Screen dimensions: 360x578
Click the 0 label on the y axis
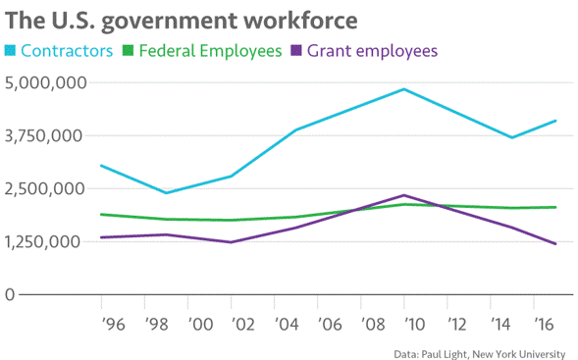pyautogui.click(x=10, y=294)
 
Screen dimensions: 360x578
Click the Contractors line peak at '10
pyautogui.click(x=404, y=89)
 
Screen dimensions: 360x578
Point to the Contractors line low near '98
pyautogui.click(x=165, y=192)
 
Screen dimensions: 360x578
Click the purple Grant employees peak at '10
pyautogui.click(x=403, y=195)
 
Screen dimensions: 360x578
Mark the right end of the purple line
pyautogui.click(x=556, y=244)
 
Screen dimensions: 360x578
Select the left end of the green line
pyautogui.click(x=101, y=214)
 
